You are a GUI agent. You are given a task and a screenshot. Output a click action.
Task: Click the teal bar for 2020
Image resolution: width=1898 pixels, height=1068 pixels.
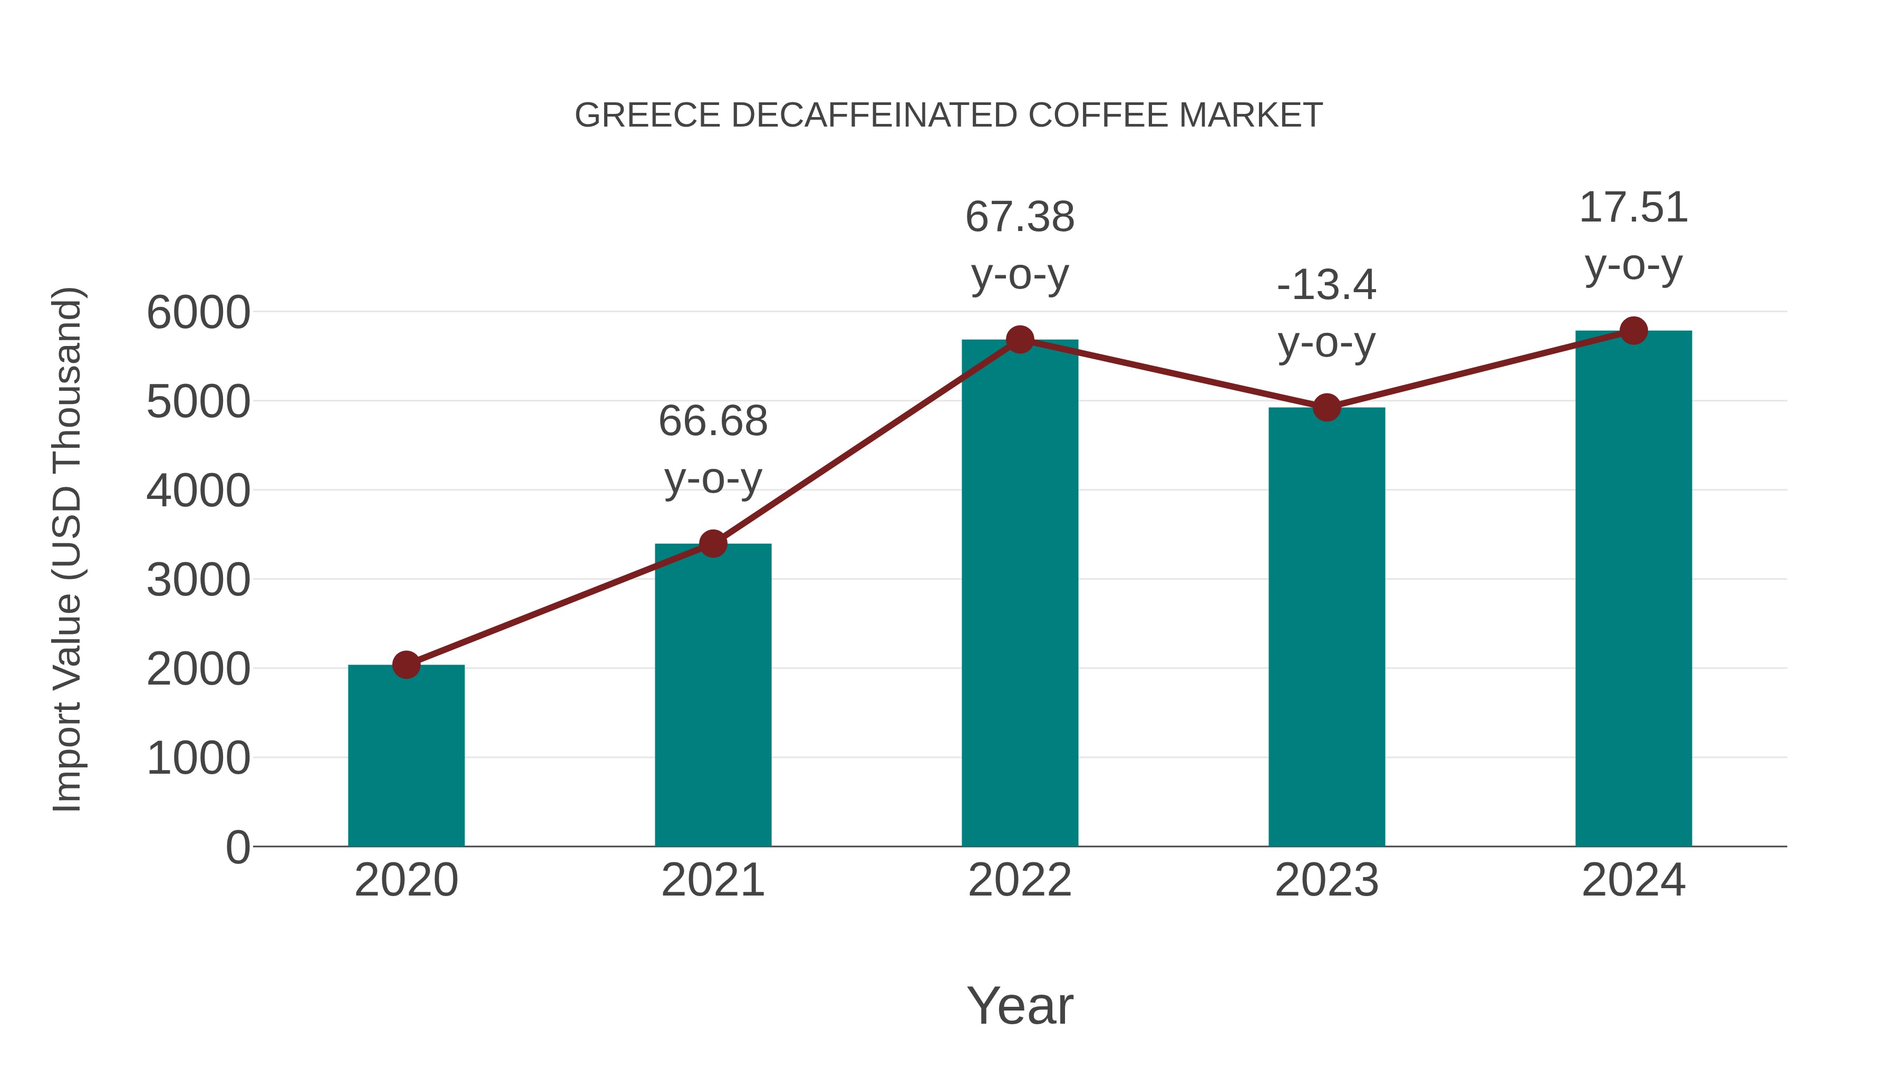click(x=406, y=759)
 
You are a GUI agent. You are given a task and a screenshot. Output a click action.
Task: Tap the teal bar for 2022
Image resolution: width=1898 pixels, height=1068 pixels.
click(x=1020, y=597)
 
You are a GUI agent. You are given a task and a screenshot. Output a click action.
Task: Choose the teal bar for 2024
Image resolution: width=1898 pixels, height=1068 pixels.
click(x=1633, y=590)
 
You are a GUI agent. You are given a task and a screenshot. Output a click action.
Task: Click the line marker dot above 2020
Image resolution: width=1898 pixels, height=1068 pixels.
click(x=406, y=665)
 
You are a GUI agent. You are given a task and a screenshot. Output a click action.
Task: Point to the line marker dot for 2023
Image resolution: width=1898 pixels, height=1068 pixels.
click(x=1326, y=407)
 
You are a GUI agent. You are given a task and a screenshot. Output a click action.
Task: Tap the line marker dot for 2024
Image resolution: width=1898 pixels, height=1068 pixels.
click(x=1633, y=331)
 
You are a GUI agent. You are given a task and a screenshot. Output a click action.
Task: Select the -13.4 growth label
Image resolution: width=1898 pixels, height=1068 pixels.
click(x=1326, y=313)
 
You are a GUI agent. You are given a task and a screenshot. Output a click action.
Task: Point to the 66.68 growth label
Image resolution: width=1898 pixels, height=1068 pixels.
click(x=712, y=449)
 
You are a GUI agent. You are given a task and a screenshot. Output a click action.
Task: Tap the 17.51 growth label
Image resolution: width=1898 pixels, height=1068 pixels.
click(x=1633, y=236)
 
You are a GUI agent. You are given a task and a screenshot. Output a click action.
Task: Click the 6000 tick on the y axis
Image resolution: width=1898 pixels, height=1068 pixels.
click(x=198, y=313)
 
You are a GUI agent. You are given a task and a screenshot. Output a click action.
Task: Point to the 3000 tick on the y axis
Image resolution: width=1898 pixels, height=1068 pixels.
click(x=198, y=580)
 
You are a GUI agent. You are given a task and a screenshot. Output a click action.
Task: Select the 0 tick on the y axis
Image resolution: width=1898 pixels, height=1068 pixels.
click(x=237, y=847)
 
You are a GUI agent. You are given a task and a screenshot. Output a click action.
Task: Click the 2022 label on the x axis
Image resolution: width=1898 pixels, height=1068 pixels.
click(x=1020, y=880)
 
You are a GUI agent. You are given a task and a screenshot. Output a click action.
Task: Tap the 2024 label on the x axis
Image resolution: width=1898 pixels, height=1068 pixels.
click(x=1633, y=880)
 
